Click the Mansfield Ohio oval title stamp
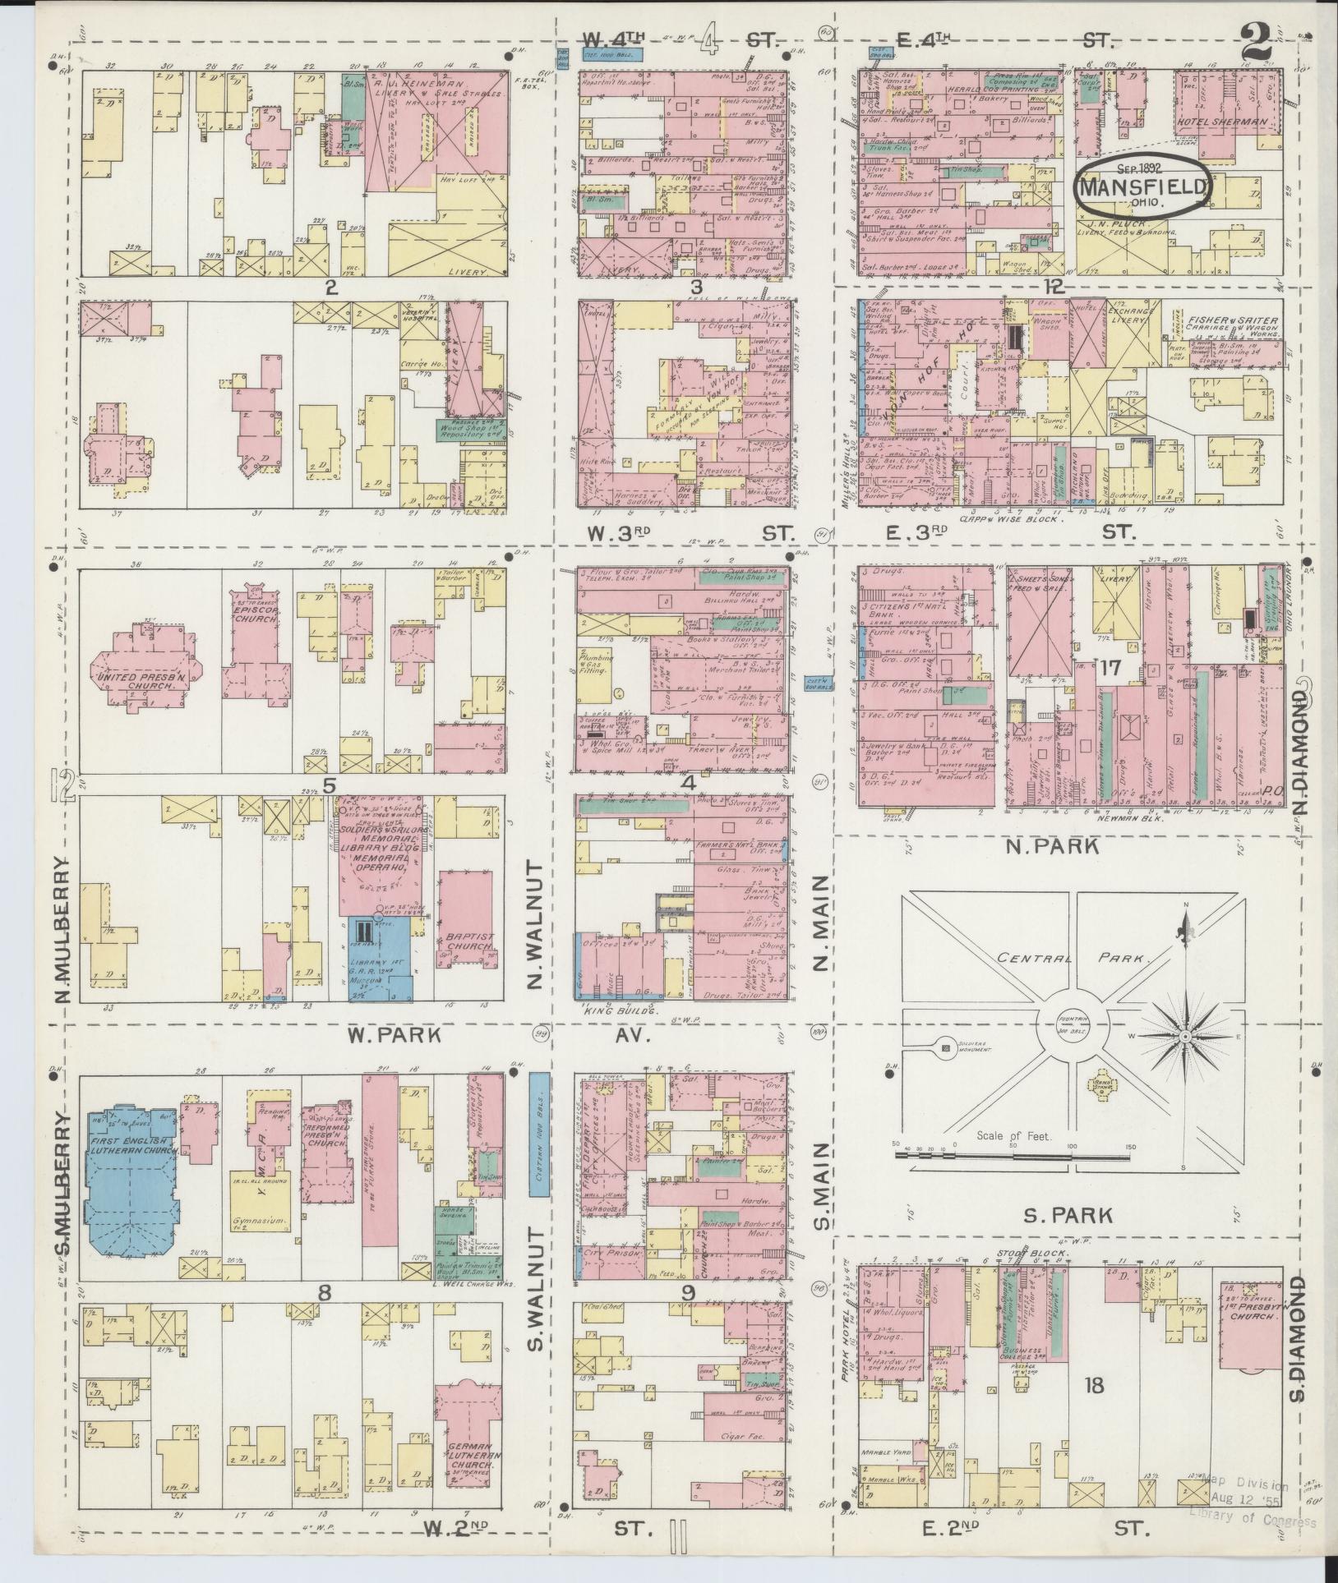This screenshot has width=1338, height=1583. [1142, 186]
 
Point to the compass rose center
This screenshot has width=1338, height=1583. [1185, 1038]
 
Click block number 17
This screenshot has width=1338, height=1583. [1110, 668]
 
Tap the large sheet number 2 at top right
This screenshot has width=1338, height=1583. [1256, 39]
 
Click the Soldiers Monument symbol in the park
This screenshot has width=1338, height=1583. [944, 1048]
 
